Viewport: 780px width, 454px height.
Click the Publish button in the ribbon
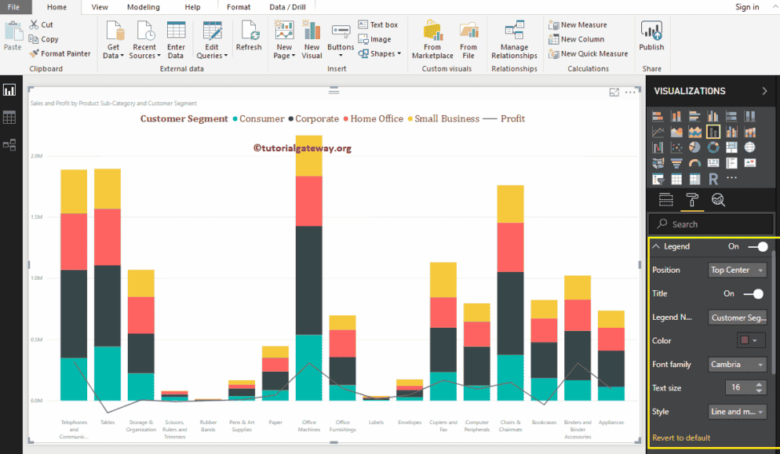[651, 38]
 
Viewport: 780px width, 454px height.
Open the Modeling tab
[143, 7]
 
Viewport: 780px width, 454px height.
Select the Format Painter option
[60, 53]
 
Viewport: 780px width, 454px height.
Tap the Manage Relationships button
[514, 41]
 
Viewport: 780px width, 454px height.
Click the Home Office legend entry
[376, 119]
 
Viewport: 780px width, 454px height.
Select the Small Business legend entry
[446, 119]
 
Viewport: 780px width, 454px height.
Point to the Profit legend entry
[512, 119]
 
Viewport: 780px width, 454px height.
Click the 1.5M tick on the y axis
[36, 217]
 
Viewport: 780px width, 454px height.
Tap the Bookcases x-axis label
[543, 423]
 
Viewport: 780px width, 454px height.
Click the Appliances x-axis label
[611, 423]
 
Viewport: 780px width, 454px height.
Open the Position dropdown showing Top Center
[737, 270]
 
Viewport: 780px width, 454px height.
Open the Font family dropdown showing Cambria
[737, 365]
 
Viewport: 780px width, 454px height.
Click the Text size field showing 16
[738, 387]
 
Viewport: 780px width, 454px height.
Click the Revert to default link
[681, 438]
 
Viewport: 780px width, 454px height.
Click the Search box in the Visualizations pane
[710, 224]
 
